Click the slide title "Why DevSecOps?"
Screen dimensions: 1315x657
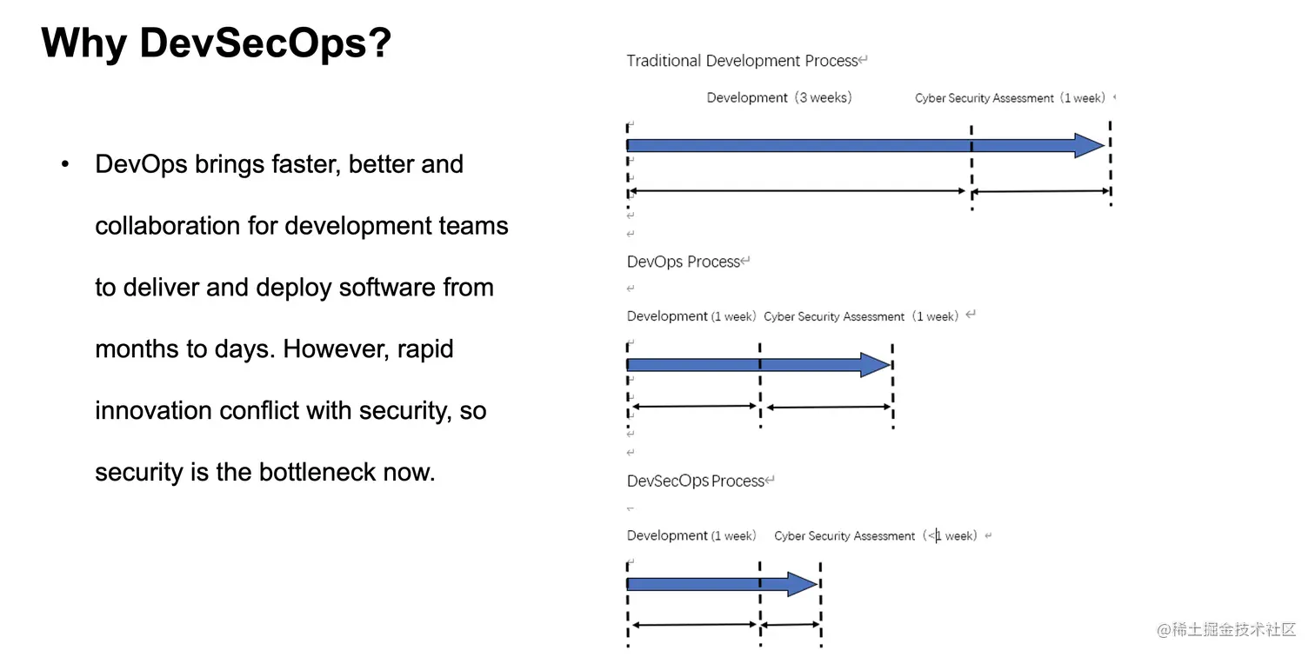click(216, 43)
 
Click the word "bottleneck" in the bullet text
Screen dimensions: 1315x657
click(317, 472)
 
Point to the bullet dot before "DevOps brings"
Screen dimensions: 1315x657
click(65, 164)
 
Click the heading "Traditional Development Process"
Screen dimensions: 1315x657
click(742, 61)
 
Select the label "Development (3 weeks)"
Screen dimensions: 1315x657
click(779, 97)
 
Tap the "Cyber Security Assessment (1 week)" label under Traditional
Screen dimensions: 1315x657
click(1010, 98)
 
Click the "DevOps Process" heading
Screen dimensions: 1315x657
click(684, 262)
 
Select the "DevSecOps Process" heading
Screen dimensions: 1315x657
click(696, 481)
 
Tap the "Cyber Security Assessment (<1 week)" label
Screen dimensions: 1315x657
click(875, 535)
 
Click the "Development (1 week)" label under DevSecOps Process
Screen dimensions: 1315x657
click(691, 535)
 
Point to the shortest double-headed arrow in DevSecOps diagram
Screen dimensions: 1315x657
click(791, 625)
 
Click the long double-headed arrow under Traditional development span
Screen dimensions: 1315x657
click(798, 190)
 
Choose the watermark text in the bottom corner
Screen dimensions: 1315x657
click(1225, 629)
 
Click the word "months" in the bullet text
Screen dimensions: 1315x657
click(137, 349)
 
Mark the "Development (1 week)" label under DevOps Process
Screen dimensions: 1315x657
click(691, 316)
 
